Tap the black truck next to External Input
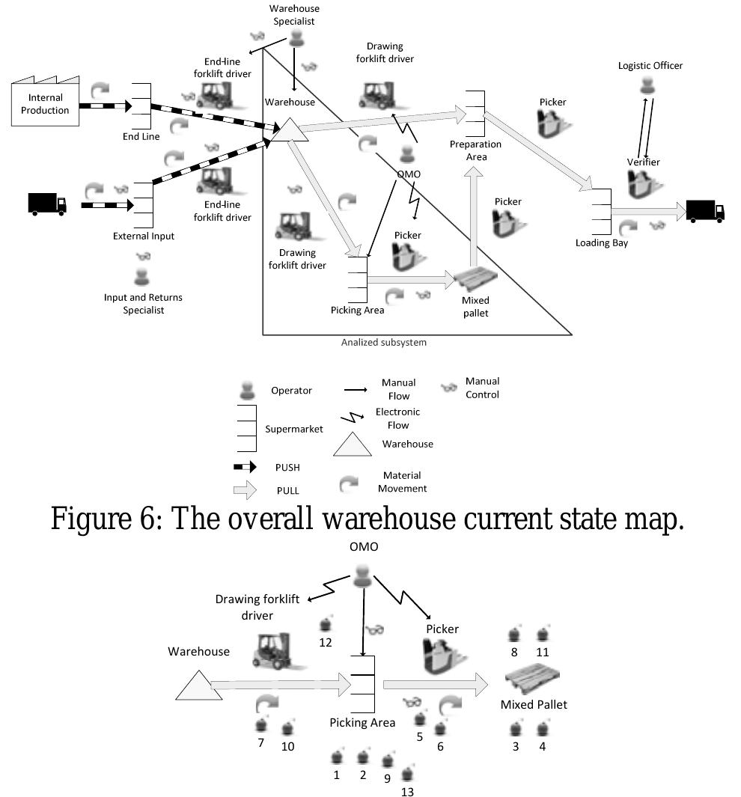[47, 203]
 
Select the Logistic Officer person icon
[649, 86]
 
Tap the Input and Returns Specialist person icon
[142, 276]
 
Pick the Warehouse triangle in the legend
[352, 445]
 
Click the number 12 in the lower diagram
[326, 641]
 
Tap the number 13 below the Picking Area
[406, 791]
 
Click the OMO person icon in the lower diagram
[363, 576]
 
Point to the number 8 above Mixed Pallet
[514, 652]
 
